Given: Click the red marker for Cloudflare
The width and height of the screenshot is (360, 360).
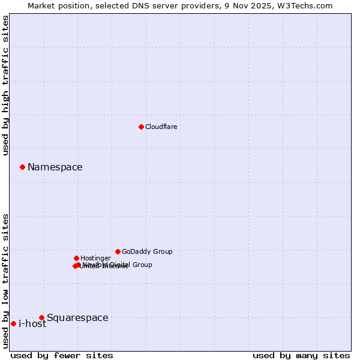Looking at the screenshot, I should tap(141, 127).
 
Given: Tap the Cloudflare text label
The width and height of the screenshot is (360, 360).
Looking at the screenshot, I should tap(161, 127).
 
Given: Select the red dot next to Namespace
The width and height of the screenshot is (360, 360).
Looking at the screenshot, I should tap(22, 167).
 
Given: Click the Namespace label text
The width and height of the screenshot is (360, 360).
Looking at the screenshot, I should tap(55, 167).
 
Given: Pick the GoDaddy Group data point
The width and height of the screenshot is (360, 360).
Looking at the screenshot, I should tap(118, 251).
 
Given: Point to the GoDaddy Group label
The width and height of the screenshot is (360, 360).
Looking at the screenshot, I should tap(147, 251).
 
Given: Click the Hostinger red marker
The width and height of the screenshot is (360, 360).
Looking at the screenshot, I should tap(76, 258).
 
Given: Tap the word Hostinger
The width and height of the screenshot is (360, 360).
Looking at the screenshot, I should tap(95, 258).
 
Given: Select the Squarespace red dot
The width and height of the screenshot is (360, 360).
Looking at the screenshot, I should tap(41, 317).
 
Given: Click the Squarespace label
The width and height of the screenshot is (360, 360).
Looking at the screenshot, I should tap(77, 318).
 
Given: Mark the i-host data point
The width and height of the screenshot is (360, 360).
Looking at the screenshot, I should tap(13, 323).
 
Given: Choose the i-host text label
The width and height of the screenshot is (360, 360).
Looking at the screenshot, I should tap(32, 324).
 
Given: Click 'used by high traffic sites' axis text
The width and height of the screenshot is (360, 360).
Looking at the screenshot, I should tap(6, 85).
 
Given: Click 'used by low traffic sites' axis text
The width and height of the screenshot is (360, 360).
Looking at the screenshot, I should tap(6, 281).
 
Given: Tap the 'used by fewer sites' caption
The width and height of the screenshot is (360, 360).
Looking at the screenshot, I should tap(62, 355).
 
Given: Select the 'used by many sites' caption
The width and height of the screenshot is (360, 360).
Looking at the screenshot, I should tap(301, 355).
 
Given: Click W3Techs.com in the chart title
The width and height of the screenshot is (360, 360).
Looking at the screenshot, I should tap(309, 5).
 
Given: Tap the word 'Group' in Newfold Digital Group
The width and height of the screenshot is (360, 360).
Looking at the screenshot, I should tap(142, 265).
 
